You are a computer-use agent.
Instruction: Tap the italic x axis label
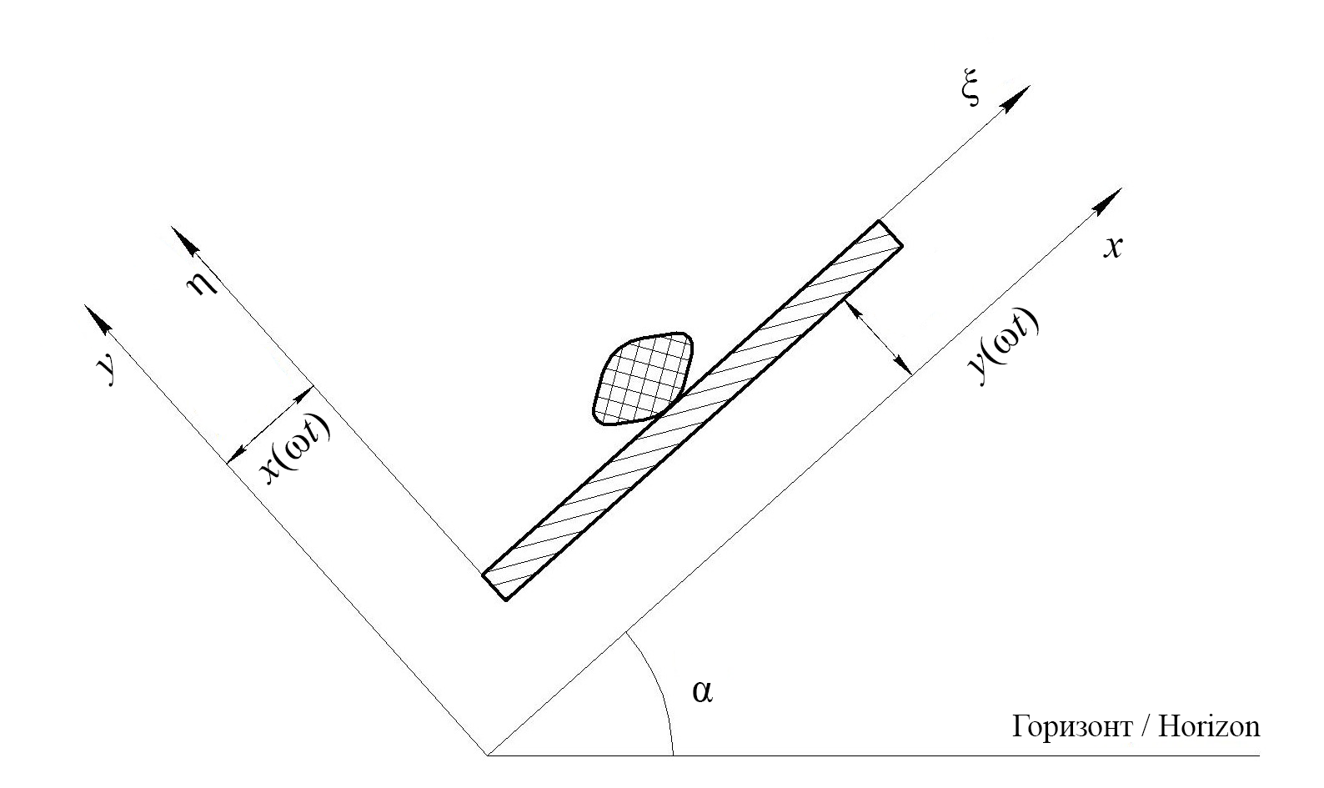(x=1111, y=247)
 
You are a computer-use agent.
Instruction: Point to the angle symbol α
(x=702, y=691)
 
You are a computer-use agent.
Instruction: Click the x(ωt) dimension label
(x=295, y=449)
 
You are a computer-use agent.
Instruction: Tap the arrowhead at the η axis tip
(x=184, y=241)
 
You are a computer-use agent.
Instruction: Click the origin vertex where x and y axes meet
(x=486, y=755)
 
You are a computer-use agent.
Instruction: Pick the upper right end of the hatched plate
(x=890, y=233)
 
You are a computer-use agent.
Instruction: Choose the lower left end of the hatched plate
(x=494, y=586)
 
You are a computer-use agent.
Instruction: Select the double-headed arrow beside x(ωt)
(x=270, y=423)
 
